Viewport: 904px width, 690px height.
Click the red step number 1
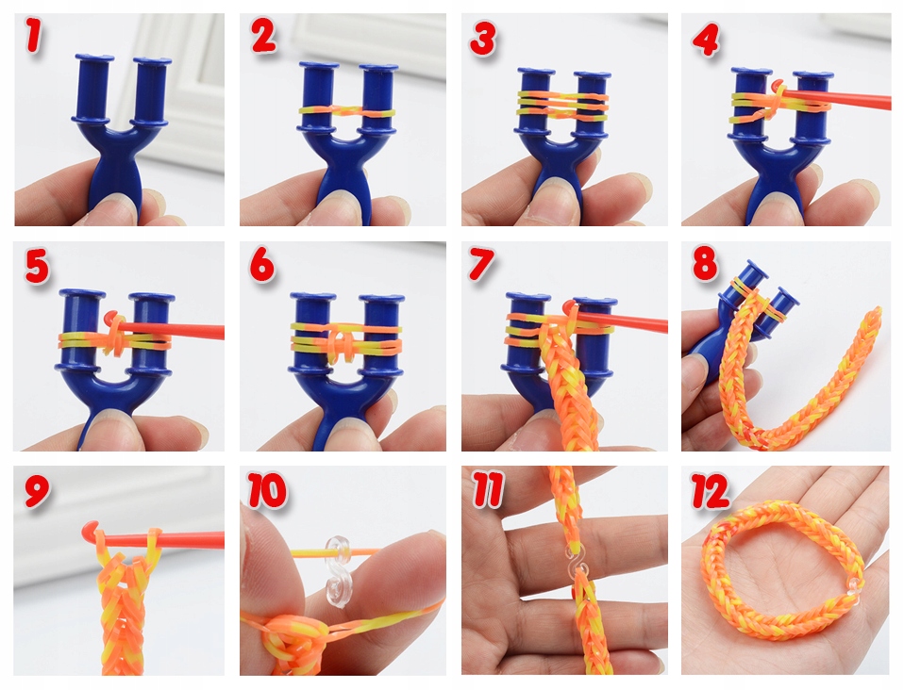tap(34, 35)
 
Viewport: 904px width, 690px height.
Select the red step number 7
tap(482, 263)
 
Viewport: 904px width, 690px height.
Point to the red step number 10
tap(267, 489)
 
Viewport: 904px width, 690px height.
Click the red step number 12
tap(711, 491)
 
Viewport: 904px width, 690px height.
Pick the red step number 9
tap(37, 491)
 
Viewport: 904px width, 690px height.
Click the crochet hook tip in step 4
tap(778, 85)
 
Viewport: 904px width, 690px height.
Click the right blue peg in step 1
tap(151, 90)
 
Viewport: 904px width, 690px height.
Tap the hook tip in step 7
tap(570, 305)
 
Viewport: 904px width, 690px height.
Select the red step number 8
tap(705, 263)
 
